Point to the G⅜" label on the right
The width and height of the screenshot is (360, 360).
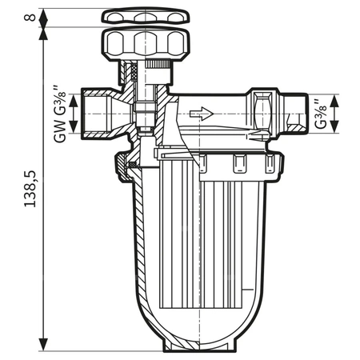321,114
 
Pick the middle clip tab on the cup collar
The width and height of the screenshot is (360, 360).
238,165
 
